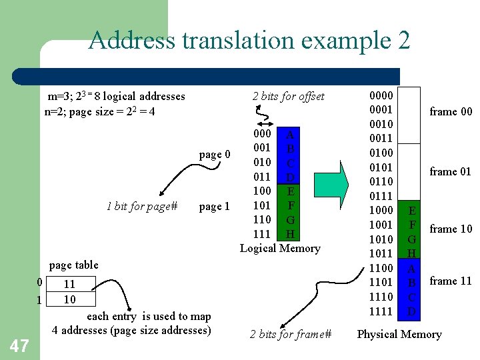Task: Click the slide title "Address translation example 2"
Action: (249, 41)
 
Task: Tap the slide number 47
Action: (19, 345)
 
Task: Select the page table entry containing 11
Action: (69, 285)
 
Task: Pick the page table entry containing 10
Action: (69, 299)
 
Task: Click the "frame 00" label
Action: (451, 111)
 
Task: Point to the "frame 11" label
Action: (451, 281)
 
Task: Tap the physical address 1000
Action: (381, 210)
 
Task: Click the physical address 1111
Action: (381, 311)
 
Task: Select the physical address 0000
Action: (381, 95)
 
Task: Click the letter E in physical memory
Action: (412, 210)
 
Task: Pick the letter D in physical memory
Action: (412, 311)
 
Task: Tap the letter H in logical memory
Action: (290, 234)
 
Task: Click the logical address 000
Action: (262, 134)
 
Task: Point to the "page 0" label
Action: (215, 155)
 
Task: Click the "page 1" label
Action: (215, 207)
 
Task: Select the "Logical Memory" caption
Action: (280, 249)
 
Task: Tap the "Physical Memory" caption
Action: (399, 335)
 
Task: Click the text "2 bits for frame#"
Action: (291, 335)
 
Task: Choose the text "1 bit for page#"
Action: (142, 207)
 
